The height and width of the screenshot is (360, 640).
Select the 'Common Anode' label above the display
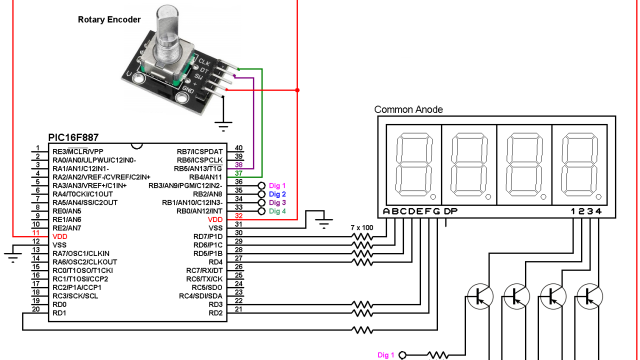point(410,109)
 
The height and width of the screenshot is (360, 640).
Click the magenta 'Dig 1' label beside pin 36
point(275,185)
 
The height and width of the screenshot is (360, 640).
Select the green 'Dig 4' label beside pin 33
point(275,211)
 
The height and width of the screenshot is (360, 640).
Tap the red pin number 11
point(35,236)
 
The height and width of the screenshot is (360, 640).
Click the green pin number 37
point(238,175)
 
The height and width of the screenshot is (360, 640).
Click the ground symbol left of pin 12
point(12,255)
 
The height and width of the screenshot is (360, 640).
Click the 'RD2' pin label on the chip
point(214,313)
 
